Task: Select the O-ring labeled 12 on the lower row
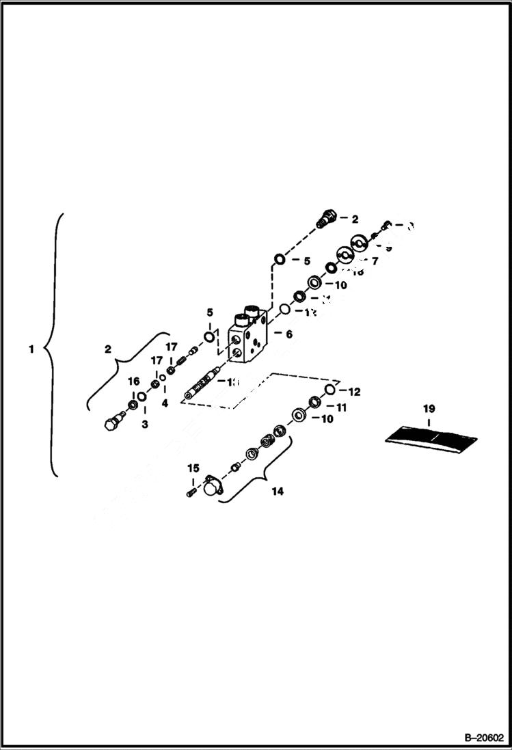tap(329, 390)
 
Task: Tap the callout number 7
tap(375, 260)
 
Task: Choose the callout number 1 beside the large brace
tap(30, 349)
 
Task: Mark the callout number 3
tap(144, 425)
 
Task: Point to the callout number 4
tap(164, 403)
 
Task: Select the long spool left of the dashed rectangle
tap(202, 386)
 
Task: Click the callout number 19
tap(429, 409)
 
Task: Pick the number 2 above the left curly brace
tap(107, 349)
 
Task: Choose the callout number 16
tap(133, 381)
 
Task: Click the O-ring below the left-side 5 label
tap(208, 336)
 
